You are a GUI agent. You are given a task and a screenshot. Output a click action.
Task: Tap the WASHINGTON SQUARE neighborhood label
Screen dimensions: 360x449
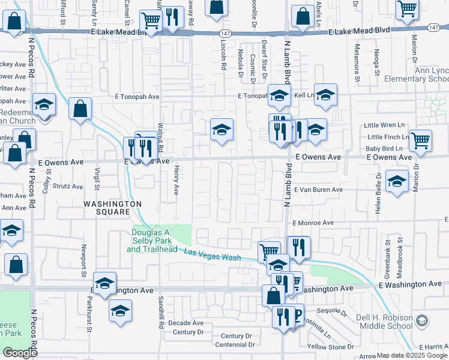[107, 208]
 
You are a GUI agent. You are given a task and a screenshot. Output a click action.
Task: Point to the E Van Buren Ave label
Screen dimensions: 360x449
[318, 190]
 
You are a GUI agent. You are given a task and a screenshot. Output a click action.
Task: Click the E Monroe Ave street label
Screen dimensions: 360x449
[313, 223]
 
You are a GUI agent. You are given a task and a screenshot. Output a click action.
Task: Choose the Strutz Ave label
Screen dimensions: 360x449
[68, 187]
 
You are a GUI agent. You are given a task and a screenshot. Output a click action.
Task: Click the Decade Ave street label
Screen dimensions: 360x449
[185, 323]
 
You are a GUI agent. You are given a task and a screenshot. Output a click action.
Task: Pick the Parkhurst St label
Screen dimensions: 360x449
[88, 318]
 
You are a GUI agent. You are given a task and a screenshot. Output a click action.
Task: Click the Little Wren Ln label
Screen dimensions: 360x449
[385, 125]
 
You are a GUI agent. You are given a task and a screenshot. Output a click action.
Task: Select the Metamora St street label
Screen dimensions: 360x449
[357, 62]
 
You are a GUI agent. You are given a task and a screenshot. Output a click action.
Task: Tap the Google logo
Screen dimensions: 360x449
[20, 353]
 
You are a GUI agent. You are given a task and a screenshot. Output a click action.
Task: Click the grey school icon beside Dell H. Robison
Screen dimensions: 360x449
[422, 319]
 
